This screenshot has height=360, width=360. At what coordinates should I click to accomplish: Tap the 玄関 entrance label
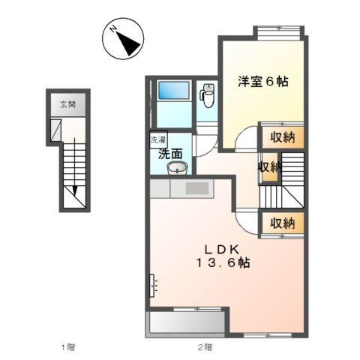68,106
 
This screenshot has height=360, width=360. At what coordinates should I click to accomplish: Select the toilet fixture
208,94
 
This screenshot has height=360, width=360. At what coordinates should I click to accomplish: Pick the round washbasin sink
176,168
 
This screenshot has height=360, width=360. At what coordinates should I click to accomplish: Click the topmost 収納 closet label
283,137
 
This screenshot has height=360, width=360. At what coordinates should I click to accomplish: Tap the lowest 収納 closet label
283,223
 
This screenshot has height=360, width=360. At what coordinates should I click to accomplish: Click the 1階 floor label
67,347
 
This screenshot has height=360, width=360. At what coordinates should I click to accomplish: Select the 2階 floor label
205,347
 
